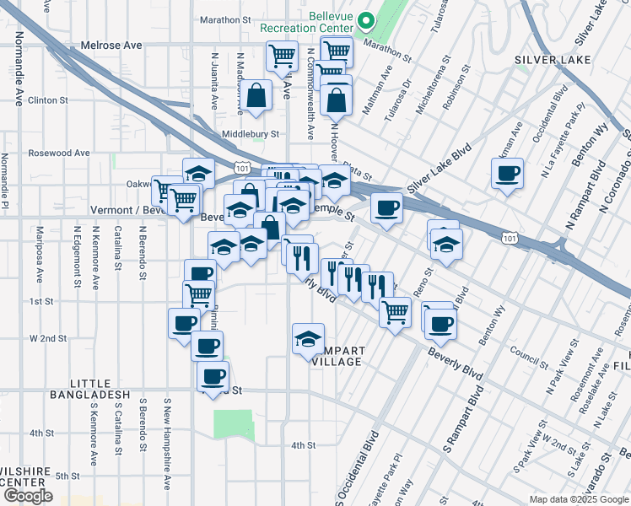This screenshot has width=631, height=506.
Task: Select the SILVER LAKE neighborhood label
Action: pos(546,60)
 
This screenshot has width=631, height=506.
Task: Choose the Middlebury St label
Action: pos(250,133)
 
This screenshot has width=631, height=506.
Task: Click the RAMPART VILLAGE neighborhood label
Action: pos(338,356)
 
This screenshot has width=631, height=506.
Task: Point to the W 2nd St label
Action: pos(48,338)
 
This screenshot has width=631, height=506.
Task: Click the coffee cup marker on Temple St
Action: pos(386,207)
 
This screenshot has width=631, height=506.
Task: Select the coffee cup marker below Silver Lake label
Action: pos(507,174)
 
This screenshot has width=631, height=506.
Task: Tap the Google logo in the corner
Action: pos(28,495)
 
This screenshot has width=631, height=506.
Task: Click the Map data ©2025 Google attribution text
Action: pos(579,498)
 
